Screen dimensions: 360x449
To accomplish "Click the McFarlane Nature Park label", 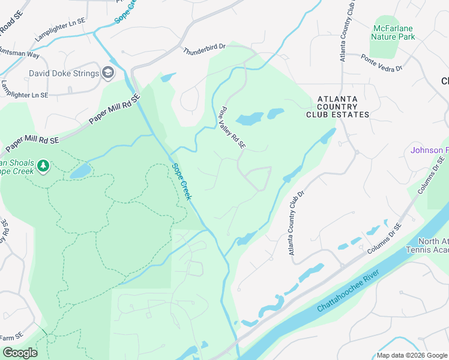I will (394, 32).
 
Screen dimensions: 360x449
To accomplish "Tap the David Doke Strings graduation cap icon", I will (108, 73).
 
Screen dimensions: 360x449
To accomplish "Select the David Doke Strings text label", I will (64, 74).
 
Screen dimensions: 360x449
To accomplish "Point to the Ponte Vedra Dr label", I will (381, 63).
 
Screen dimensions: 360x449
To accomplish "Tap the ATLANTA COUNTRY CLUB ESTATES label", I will (337, 106).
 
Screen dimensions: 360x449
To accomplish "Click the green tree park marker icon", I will (43, 165).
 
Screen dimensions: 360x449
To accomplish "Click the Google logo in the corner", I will (19, 352).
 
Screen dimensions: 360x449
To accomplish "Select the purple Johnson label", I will (429, 150).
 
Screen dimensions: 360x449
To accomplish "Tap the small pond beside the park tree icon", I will (80, 172).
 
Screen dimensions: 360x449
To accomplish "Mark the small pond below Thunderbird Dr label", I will (168, 77).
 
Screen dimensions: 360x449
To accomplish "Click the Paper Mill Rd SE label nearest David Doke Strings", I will (114, 109).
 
